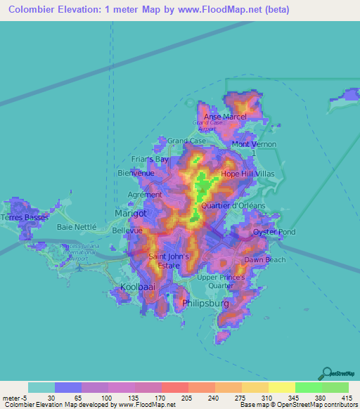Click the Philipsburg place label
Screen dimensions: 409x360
tap(206, 304)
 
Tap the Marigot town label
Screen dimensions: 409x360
tap(131, 213)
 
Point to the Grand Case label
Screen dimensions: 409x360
tap(186, 141)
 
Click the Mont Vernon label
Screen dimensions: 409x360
tap(254, 144)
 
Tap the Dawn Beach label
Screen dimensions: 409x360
tap(264, 260)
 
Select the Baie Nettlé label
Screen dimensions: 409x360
tap(75, 227)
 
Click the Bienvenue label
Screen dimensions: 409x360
tap(136, 173)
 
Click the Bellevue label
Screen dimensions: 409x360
tap(127, 230)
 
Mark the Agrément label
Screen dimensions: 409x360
tap(145, 195)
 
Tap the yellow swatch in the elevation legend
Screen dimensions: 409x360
tap(281, 387)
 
